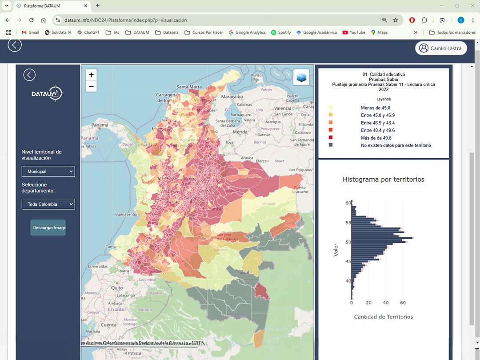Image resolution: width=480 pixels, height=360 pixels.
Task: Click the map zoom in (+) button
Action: point(91,75)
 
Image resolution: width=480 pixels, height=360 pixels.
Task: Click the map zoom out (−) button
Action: point(91,86)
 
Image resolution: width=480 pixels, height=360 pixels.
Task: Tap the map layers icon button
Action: point(301,77)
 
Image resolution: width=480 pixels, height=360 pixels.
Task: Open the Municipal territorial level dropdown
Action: point(48,171)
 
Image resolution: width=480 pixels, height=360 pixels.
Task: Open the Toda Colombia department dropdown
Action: point(48,204)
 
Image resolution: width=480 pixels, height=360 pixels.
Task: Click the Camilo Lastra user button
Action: point(441,48)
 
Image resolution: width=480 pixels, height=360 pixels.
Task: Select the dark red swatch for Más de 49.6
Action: point(330,138)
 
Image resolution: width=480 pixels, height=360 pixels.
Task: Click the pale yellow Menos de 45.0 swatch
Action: point(330,108)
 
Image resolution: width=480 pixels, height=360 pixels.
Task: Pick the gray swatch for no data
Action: point(330,145)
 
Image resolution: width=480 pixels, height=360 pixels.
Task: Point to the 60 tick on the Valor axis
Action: point(348,203)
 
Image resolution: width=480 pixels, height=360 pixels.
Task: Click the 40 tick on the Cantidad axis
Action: point(386,303)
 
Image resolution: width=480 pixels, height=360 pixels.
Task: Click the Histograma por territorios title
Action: point(383,180)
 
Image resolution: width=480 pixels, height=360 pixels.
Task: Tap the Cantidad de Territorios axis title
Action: point(383,317)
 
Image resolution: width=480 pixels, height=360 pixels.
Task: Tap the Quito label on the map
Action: point(116,288)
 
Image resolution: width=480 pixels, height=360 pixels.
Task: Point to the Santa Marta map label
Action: point(189,87)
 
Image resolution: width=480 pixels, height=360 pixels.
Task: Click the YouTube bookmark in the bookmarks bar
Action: point(354,32)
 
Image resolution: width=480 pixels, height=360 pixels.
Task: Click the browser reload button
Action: point(31,20)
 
